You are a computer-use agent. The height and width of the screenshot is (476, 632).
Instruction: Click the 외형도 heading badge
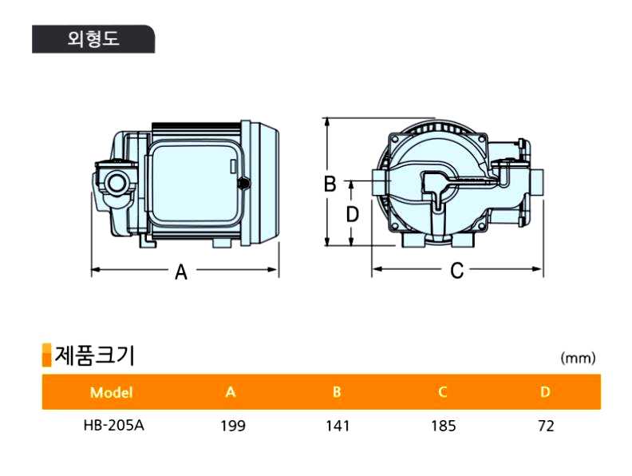(93, 39)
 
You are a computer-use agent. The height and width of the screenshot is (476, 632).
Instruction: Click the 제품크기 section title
(94, 355)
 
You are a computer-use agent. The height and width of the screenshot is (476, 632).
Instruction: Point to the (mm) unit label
(578, 359)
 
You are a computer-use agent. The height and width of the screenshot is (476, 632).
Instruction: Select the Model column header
(112, 392)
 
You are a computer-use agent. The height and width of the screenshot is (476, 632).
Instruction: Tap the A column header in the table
(231, 392)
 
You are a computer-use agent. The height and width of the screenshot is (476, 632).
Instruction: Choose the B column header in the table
(337, 392)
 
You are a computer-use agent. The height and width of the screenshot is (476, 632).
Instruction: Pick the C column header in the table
(442, 392)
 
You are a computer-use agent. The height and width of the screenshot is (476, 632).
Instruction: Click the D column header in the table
(545, 392)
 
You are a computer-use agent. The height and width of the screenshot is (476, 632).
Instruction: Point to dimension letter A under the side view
(181, 272)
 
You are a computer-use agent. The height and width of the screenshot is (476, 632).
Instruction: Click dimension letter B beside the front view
(330, 184)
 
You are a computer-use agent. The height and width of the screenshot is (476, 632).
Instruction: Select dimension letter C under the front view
(456, 271)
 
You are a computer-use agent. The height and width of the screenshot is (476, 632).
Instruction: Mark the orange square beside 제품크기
(46, 355)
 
